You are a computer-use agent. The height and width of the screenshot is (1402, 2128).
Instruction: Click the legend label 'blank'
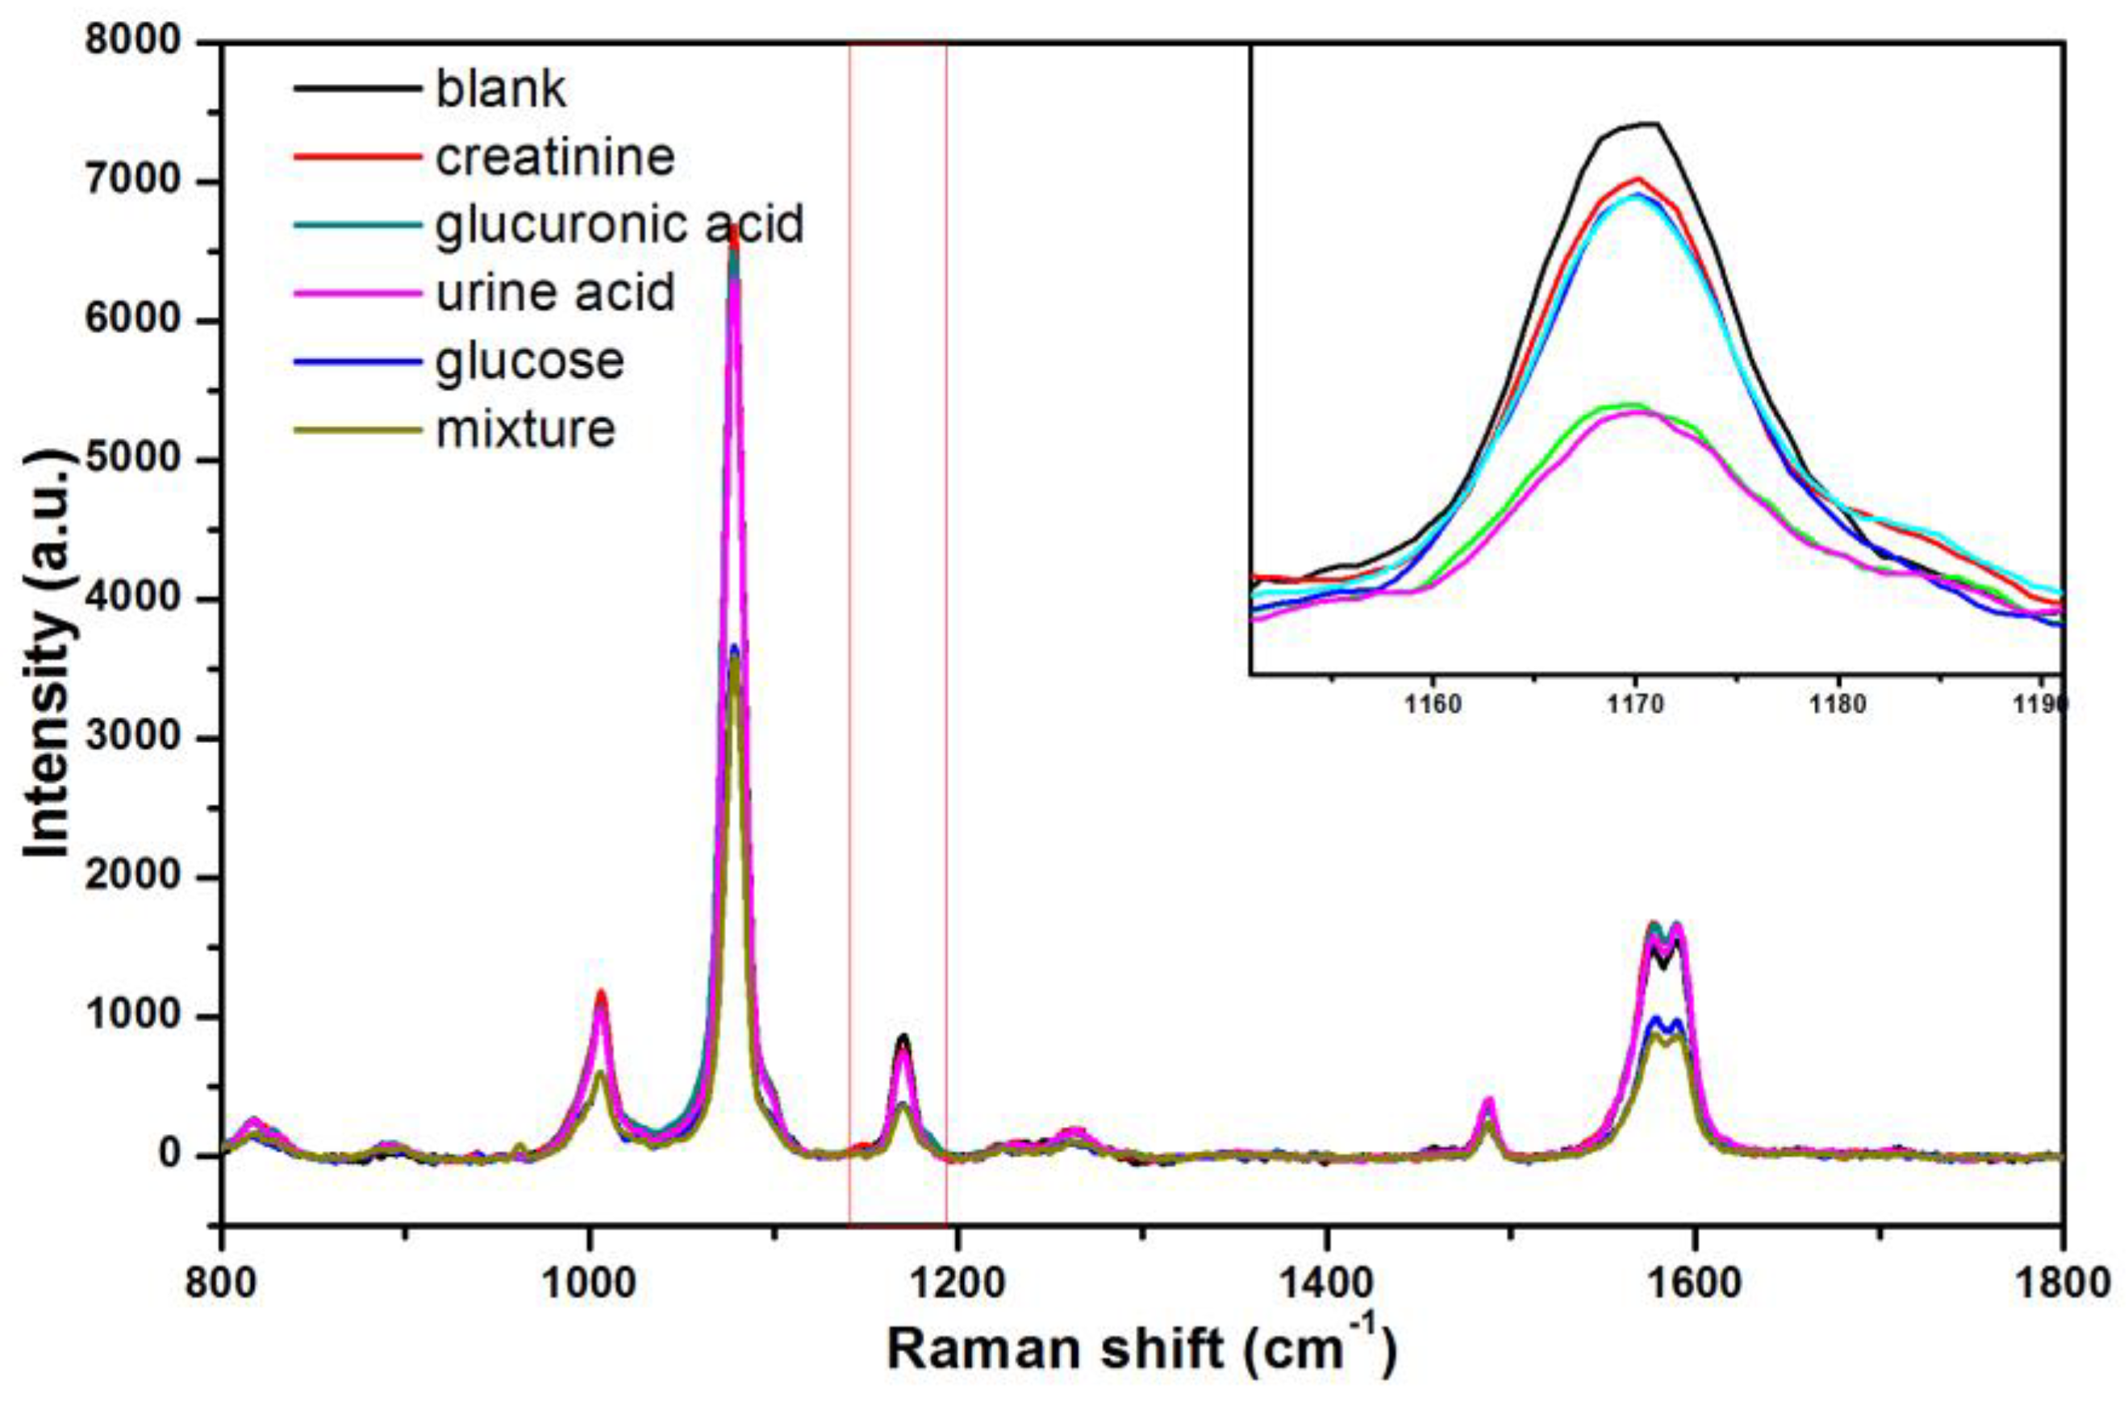[x=500, y=90]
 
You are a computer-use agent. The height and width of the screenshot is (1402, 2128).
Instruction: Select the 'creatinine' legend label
[x=554, y=157]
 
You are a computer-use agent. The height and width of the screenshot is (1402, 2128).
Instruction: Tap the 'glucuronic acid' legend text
[x=620, y=224]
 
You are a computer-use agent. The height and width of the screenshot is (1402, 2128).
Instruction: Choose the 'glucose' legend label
[x=529, y=361]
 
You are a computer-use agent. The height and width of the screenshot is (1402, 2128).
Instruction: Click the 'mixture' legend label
[x=526, y=429]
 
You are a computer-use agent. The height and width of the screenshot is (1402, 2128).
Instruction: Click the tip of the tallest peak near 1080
[x=734, y=228]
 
